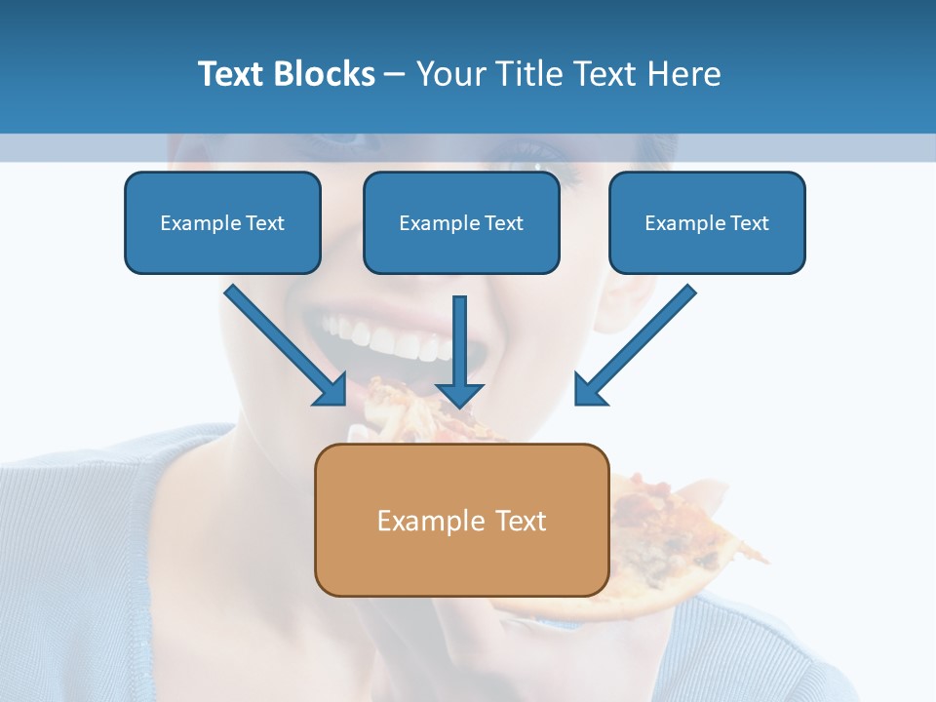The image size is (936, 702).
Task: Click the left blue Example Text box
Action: tap(222, 222)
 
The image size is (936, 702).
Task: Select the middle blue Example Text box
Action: tap(461, 222)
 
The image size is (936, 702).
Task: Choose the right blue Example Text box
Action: tap(707, 222)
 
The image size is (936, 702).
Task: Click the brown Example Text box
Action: tap(461, 520)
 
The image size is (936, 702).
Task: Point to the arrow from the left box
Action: tap(283, 343)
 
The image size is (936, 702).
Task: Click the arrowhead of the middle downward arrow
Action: tap(460, 394)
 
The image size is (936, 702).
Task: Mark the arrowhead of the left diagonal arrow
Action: tap(333, 391)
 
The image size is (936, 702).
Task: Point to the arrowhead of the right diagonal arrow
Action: tap(588, 390)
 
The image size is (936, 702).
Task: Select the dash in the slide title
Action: tap(395, 74)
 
